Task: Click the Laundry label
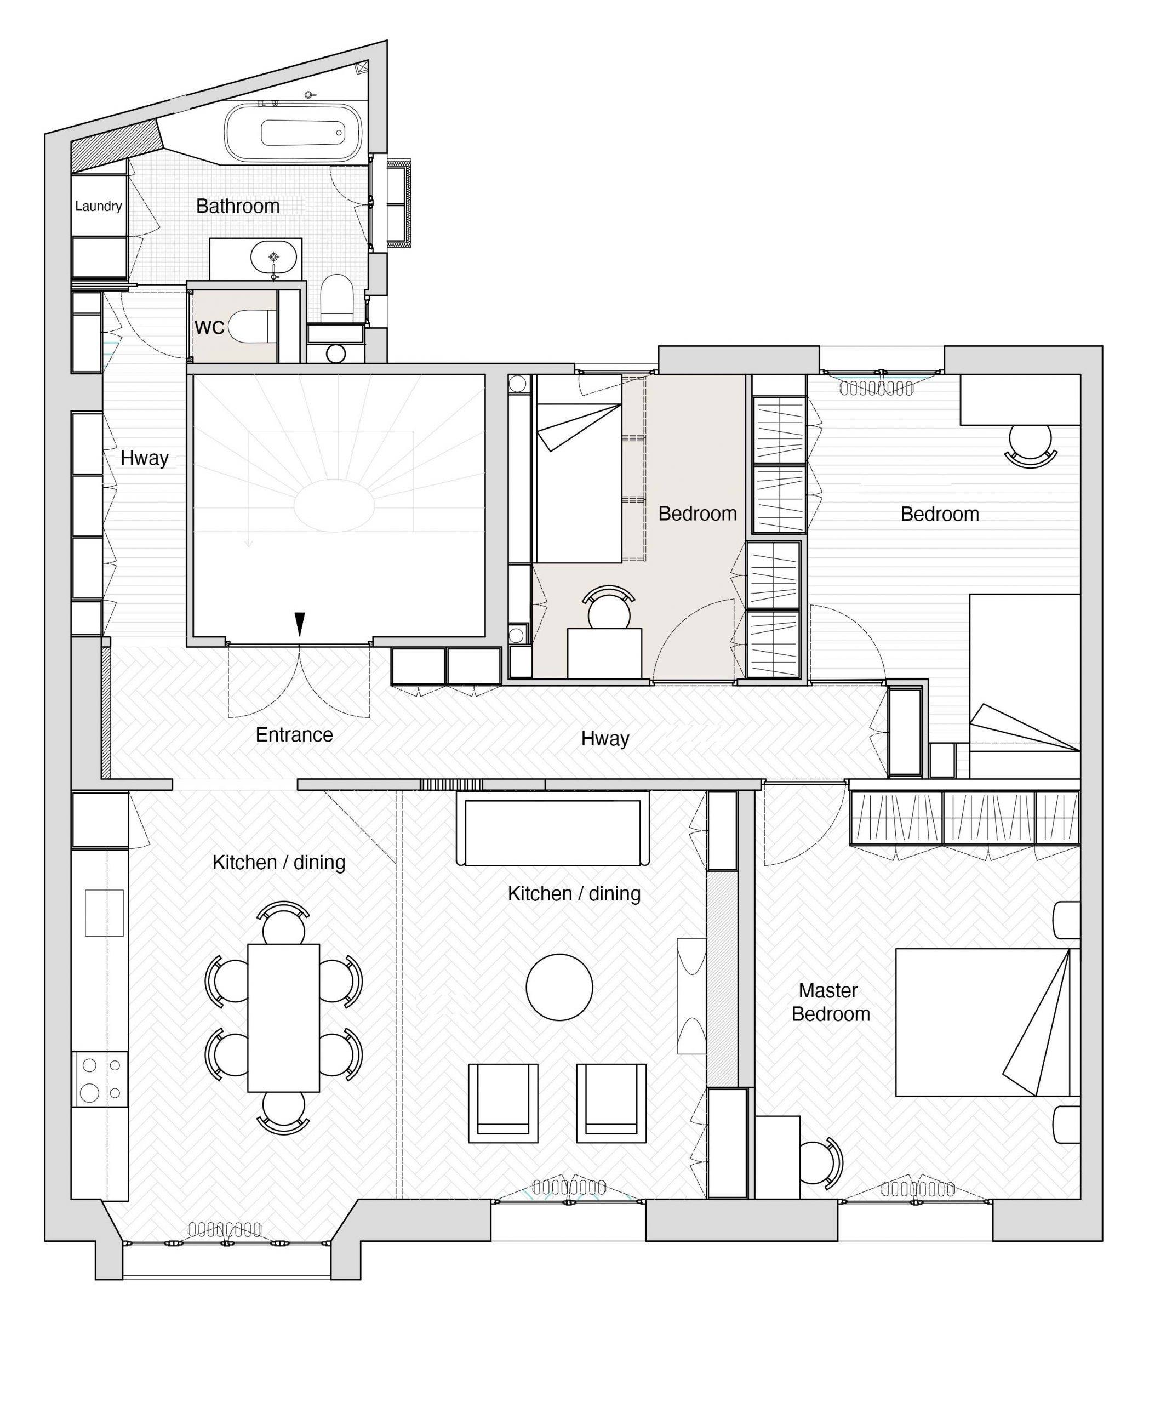[98, 206]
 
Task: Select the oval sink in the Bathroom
[273, 256]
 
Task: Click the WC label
[209, 327]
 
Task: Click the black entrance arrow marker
[300, 623]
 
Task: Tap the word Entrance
[294, 735]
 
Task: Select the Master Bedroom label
[830, 1002]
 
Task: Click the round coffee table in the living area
[559, 987]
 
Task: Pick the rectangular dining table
[284, 1018]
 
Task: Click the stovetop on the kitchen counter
[100, 1079]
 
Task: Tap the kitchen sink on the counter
[104, 912]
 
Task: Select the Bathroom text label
[238, 206]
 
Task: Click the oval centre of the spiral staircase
[334, 505]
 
